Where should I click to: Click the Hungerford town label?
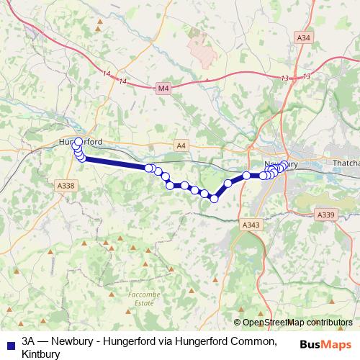pyautogui.click(x=81, y=141)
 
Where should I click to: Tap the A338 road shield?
pyautogui.click(x=66, y=186)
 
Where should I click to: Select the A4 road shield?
pyautogui.click(x=181, y=146)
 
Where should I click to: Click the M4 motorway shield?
pyautogui.click(x=163, y=89)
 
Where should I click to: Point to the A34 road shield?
pyautogui.click(x=304, y=37)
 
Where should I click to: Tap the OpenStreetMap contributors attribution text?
pyautogui.click(x=297, y=323)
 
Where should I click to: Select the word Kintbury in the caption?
pyautogui.click(x=41, y=354)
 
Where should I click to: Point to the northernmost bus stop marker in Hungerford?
pyautogui.click(x=78, y=143)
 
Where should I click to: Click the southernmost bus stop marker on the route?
pyautogui.click(x=214, y=199)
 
